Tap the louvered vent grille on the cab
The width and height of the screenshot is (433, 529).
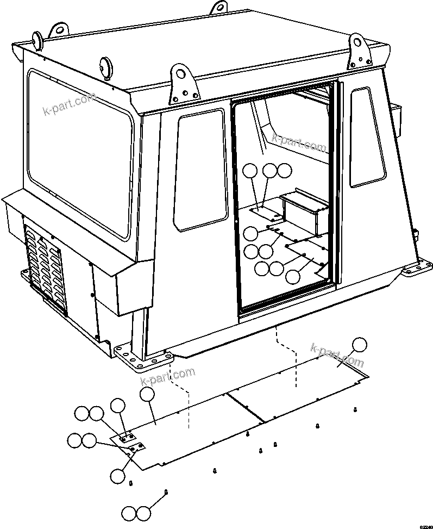point(46,267)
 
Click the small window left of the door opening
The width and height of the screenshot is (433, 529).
point(199,169)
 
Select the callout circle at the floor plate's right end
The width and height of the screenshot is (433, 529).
point(359,345)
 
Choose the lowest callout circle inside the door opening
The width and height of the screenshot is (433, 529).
point(292,276)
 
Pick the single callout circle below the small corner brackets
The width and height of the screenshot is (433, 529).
point(117,476)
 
